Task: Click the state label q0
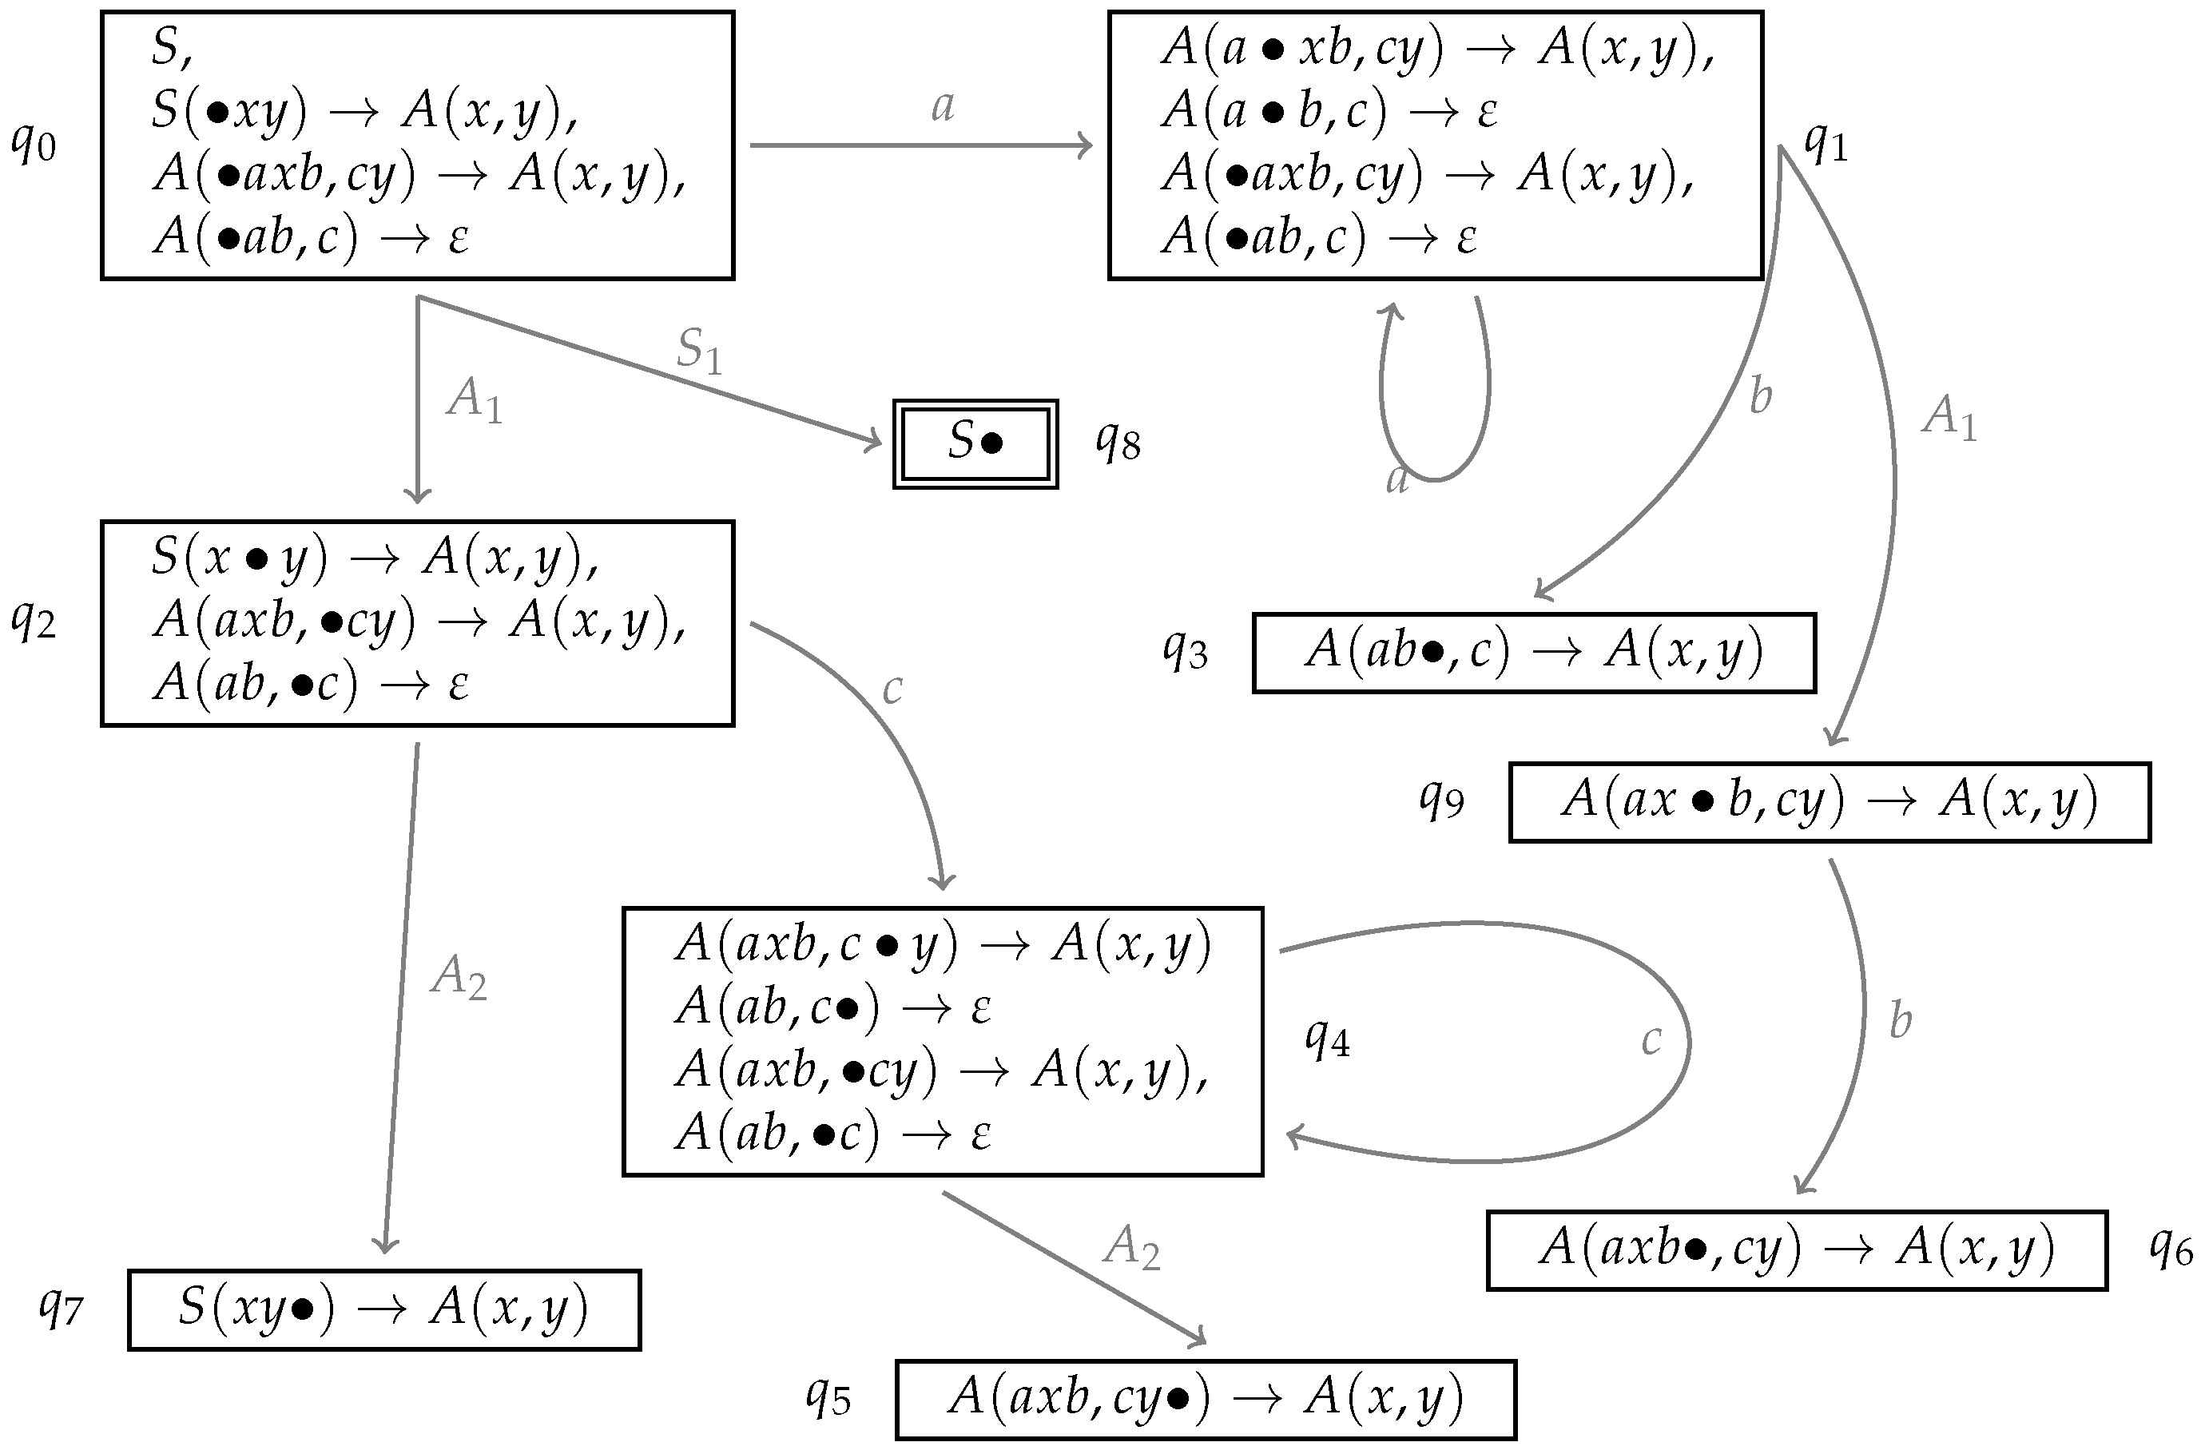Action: (34, 145)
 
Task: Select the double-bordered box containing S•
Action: (975, 444)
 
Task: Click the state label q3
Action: (1185, 651)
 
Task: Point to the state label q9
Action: (1441, 800)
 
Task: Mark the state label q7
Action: (62, 1309)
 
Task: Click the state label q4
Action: (1327, 1039)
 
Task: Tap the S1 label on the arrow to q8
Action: (698, 350)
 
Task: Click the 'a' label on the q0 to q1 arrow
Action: (942, 106)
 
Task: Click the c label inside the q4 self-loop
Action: (1651, 1039)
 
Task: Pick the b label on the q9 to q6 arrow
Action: (1900, 1021)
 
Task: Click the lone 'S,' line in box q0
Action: (173, 48)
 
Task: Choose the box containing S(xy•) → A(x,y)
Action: (383, 1309)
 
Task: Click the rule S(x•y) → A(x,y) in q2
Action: (375, 558)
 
